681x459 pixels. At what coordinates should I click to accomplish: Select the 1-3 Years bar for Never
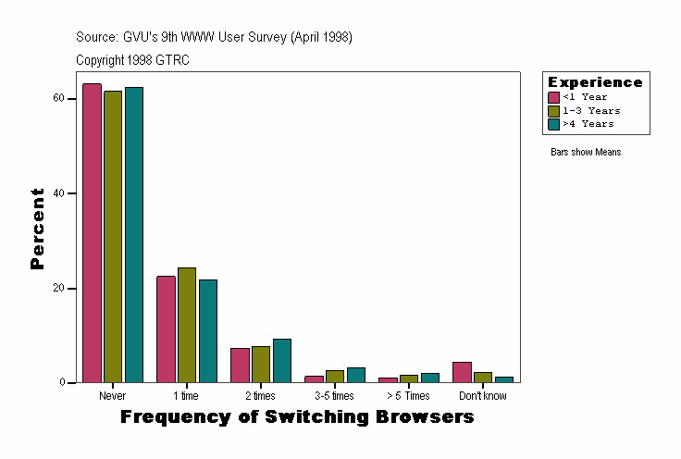(x=113, y=237)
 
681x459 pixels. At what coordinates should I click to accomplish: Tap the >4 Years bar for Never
(x=134, y=235)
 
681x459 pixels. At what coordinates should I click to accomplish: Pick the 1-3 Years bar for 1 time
(x=187, y=325)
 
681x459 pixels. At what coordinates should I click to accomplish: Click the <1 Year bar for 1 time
(x=166, y=329)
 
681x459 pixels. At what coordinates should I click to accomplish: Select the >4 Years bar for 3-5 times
(x=356, y=375)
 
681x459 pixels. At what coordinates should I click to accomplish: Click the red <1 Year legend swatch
(x=554, y=97)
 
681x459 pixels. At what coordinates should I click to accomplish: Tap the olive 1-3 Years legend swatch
(x=554, y=110)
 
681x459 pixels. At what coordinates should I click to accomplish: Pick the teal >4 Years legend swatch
(x=554, y=123)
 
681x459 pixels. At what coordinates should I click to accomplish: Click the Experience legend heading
(x=595, y=82)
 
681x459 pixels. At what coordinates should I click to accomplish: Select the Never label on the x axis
(x=111, y=396)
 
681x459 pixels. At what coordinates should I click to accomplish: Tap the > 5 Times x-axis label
(x=408, y=396)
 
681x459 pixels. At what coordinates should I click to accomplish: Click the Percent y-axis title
(x=37, y=229)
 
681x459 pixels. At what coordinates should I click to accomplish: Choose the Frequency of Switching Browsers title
(x=297, y=417)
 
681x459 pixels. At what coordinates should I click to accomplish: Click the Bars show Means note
(x=586, y=152)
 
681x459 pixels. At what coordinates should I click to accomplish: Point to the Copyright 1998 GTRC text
(x=133, y=60)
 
